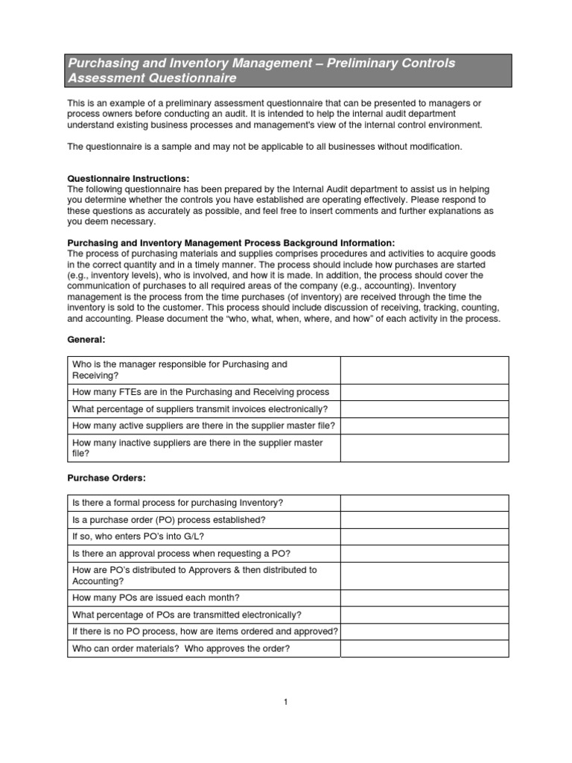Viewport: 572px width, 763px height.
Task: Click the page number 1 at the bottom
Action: click(x=285, y=701)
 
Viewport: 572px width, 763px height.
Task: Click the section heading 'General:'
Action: click(x=86, y=339)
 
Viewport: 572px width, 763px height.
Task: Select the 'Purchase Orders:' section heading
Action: click(x=103, y=478)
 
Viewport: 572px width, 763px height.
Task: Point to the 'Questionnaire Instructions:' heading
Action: click(x=129, y=179)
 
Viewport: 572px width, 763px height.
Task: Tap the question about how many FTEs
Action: click(x=200, y=392)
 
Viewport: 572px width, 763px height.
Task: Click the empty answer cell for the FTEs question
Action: click(x=425, y=392)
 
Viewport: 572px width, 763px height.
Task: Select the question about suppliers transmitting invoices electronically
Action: click(x=200, y=409)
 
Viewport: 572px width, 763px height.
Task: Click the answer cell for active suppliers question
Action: click(x=425, y=426)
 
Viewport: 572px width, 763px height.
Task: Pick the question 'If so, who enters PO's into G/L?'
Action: click(x=138, y=536)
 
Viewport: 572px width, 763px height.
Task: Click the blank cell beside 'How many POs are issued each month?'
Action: click(x=425, y=598)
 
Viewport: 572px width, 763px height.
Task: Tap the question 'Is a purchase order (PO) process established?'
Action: click(x=168, y=520)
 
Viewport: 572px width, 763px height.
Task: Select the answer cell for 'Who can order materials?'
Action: click(x=425, y=648)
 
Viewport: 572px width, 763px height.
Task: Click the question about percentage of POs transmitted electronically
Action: click(x=187, y=615)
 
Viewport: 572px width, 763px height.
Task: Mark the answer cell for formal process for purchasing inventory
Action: click(x=425, y=503)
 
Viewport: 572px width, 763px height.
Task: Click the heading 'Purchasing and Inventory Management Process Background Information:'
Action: click(x=232, y=243)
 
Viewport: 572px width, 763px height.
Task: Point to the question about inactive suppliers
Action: click(x=197, y=448)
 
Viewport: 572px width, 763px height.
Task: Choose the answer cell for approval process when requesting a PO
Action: click(x=425, y=554)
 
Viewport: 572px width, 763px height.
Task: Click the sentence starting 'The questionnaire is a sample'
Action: click(x=264, y=147)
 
